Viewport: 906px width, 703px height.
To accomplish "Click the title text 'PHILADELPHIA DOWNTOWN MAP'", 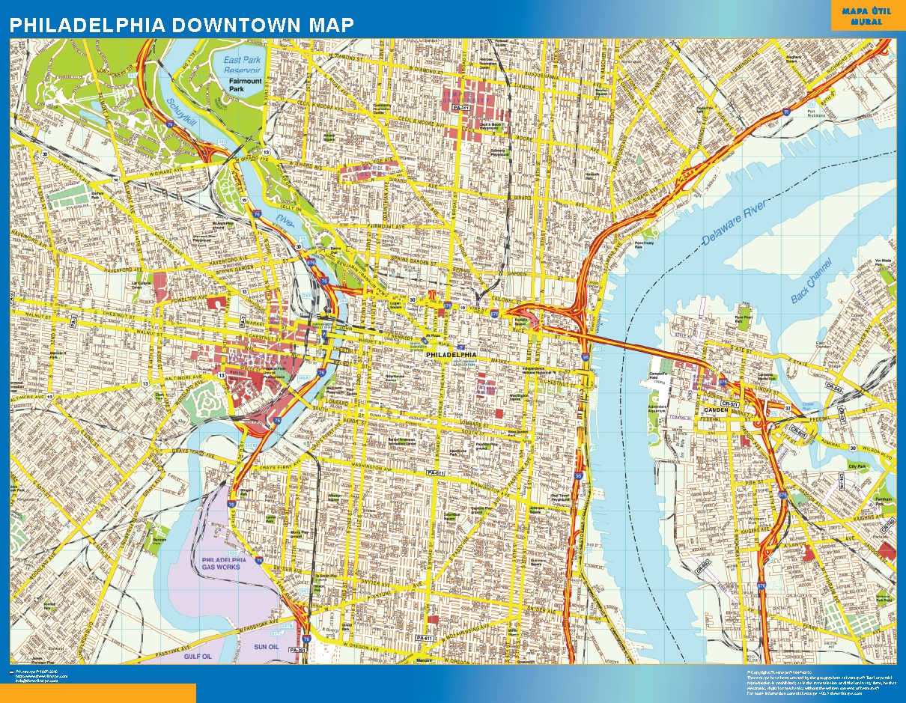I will tap(181, 24).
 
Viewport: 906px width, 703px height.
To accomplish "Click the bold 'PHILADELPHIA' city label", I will tap(450, 353).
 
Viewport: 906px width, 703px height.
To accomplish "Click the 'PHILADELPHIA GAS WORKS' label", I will tap(223, 564).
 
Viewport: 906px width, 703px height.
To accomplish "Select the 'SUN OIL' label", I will tap(265, 645).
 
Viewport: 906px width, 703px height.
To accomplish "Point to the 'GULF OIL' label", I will tap(198, 656).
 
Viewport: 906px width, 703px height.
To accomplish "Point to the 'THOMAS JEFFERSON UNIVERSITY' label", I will tap(487, 386).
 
